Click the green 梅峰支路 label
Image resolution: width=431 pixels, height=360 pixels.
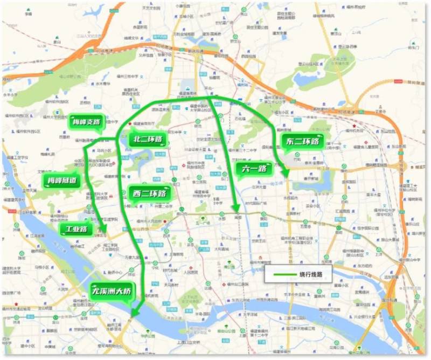coord(86,122)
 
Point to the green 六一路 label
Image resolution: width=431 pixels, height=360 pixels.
coord(251,169)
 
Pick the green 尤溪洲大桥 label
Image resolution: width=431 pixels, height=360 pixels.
coord(114,292)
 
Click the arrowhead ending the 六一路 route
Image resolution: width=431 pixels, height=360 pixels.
coord(235,209)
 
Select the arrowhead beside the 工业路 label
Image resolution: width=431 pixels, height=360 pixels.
coord(106,233)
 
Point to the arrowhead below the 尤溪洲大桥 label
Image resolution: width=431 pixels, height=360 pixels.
coord(134,313)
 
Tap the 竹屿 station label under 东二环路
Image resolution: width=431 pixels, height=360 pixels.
coord(297,160)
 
